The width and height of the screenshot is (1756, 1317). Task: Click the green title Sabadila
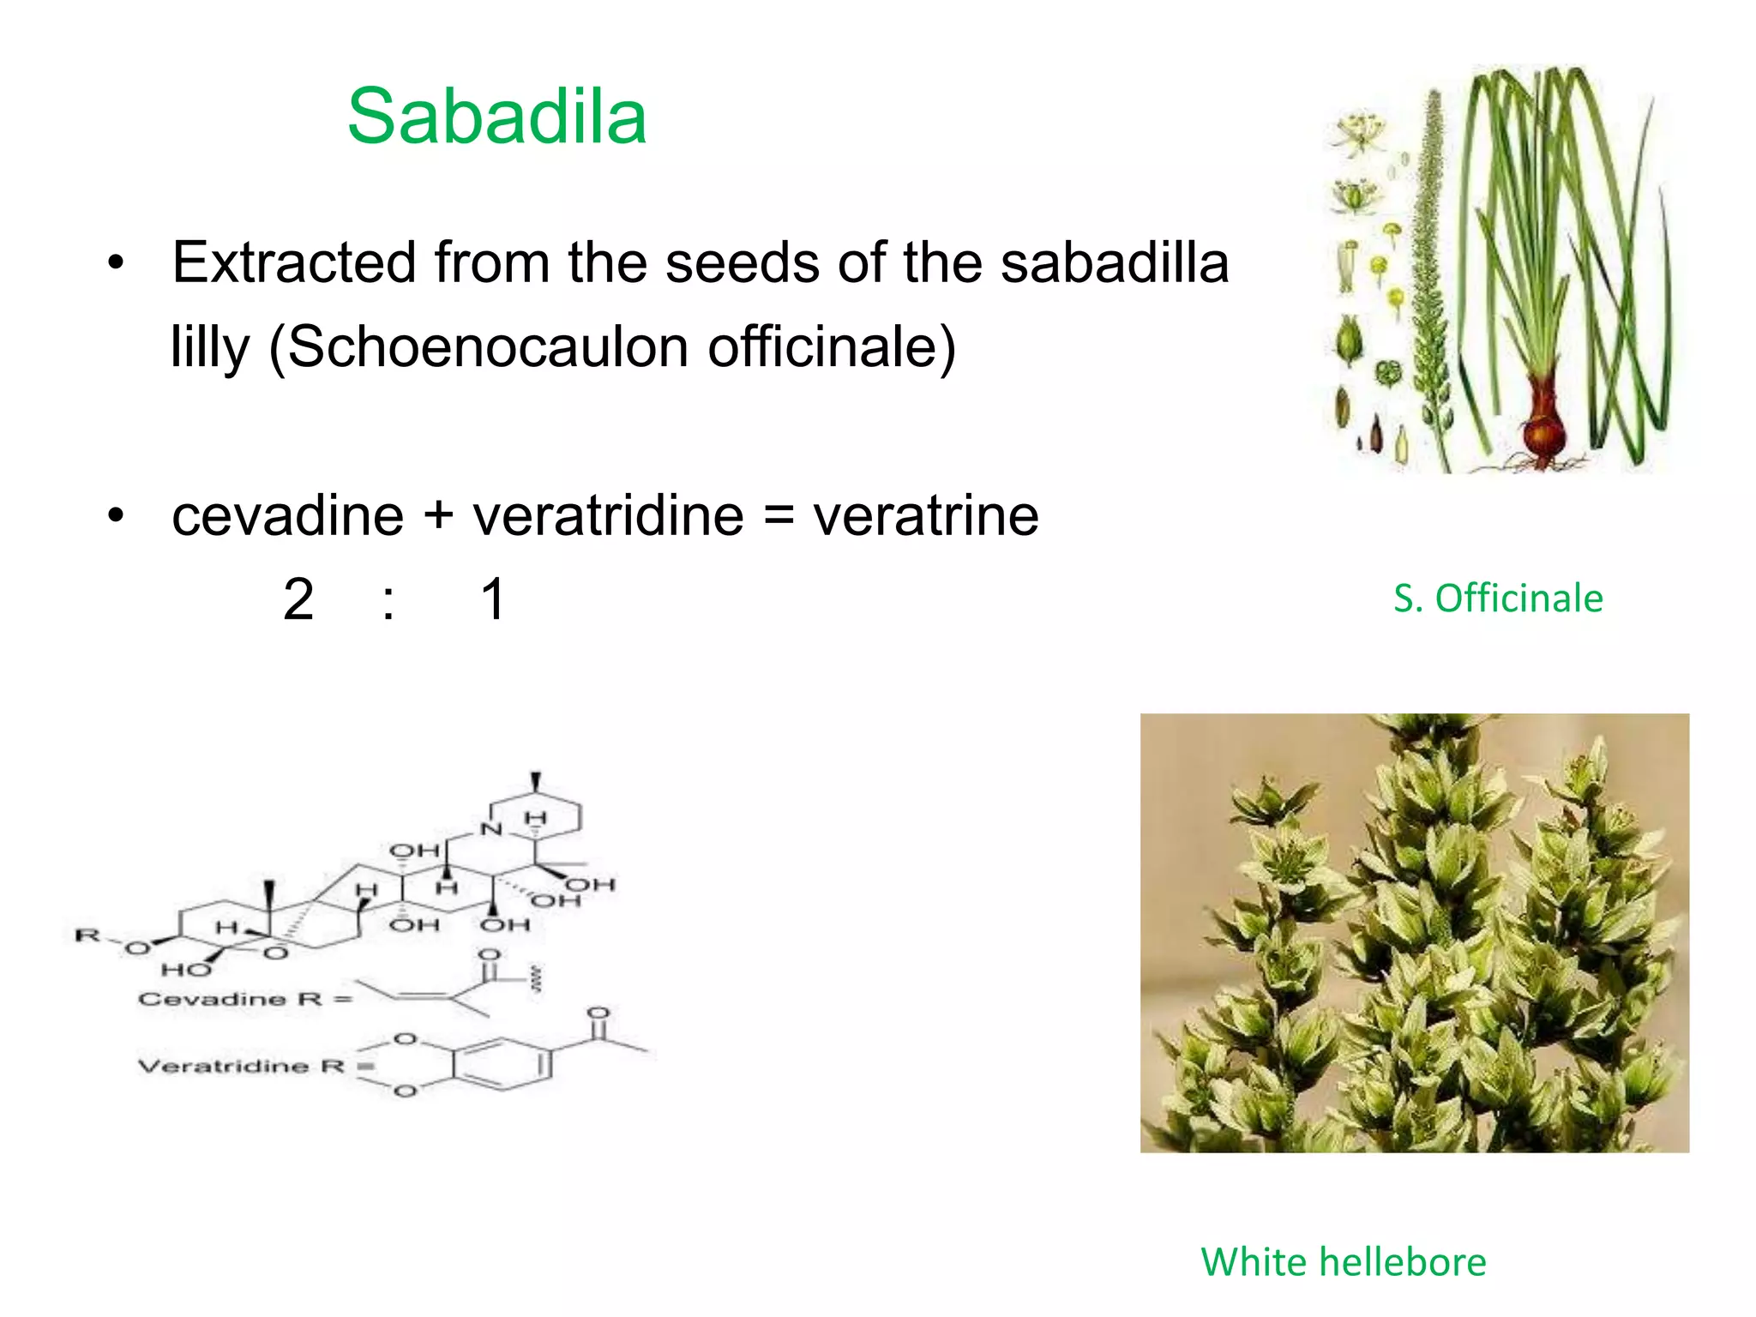[496, 117]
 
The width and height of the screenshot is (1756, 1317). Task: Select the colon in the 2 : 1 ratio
[389, 600]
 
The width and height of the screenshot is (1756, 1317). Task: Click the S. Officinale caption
[1498, 598]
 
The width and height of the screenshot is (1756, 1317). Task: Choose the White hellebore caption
[1344, 1261]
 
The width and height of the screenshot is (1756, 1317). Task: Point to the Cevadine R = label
[245, 999]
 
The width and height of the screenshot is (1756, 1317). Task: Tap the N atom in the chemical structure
[491, 828]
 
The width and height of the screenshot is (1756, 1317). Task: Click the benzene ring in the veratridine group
[501, 1065]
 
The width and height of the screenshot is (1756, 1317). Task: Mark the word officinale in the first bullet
[832, 347]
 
